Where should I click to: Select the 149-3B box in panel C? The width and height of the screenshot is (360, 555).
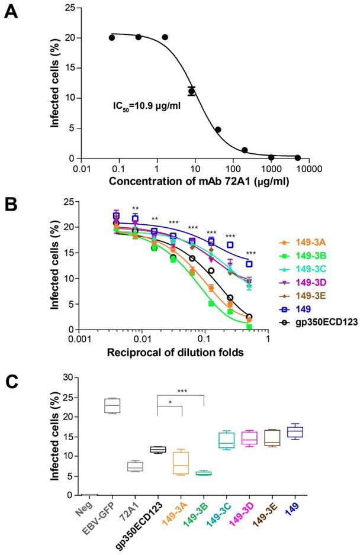click(x=204, y=473)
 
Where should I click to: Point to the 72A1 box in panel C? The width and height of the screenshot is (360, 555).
click(x=135, y=466)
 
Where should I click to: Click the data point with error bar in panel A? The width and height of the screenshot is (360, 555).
click(x=191, y=91)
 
